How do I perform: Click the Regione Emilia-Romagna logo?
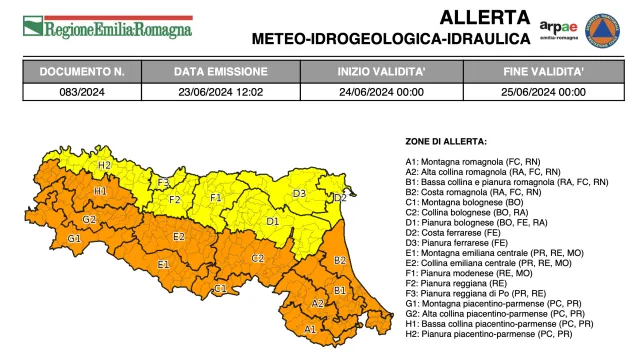pyautogui.click(x=107, y=28)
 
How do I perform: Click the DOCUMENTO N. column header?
pyautogui.click(x=82, y=73)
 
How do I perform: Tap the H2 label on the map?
pyautogui.click(x=104, y=165)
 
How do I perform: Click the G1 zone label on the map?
pyautogui.click(x=74, y=239)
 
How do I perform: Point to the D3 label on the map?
pyautogui.click(x=299, y=193)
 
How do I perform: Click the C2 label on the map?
pyautogui.click(x=257, y=258)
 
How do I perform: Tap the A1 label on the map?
pyautogui.click(x=309, y=328)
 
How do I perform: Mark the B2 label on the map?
pyautogui.click(x=340, y=260)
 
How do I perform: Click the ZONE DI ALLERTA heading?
pyautogui.click(x=446, y=142)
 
